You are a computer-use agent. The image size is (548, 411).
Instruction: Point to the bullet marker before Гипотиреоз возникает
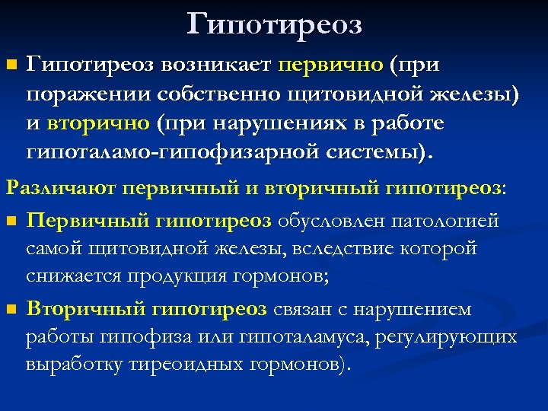(x=10, y=67)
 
